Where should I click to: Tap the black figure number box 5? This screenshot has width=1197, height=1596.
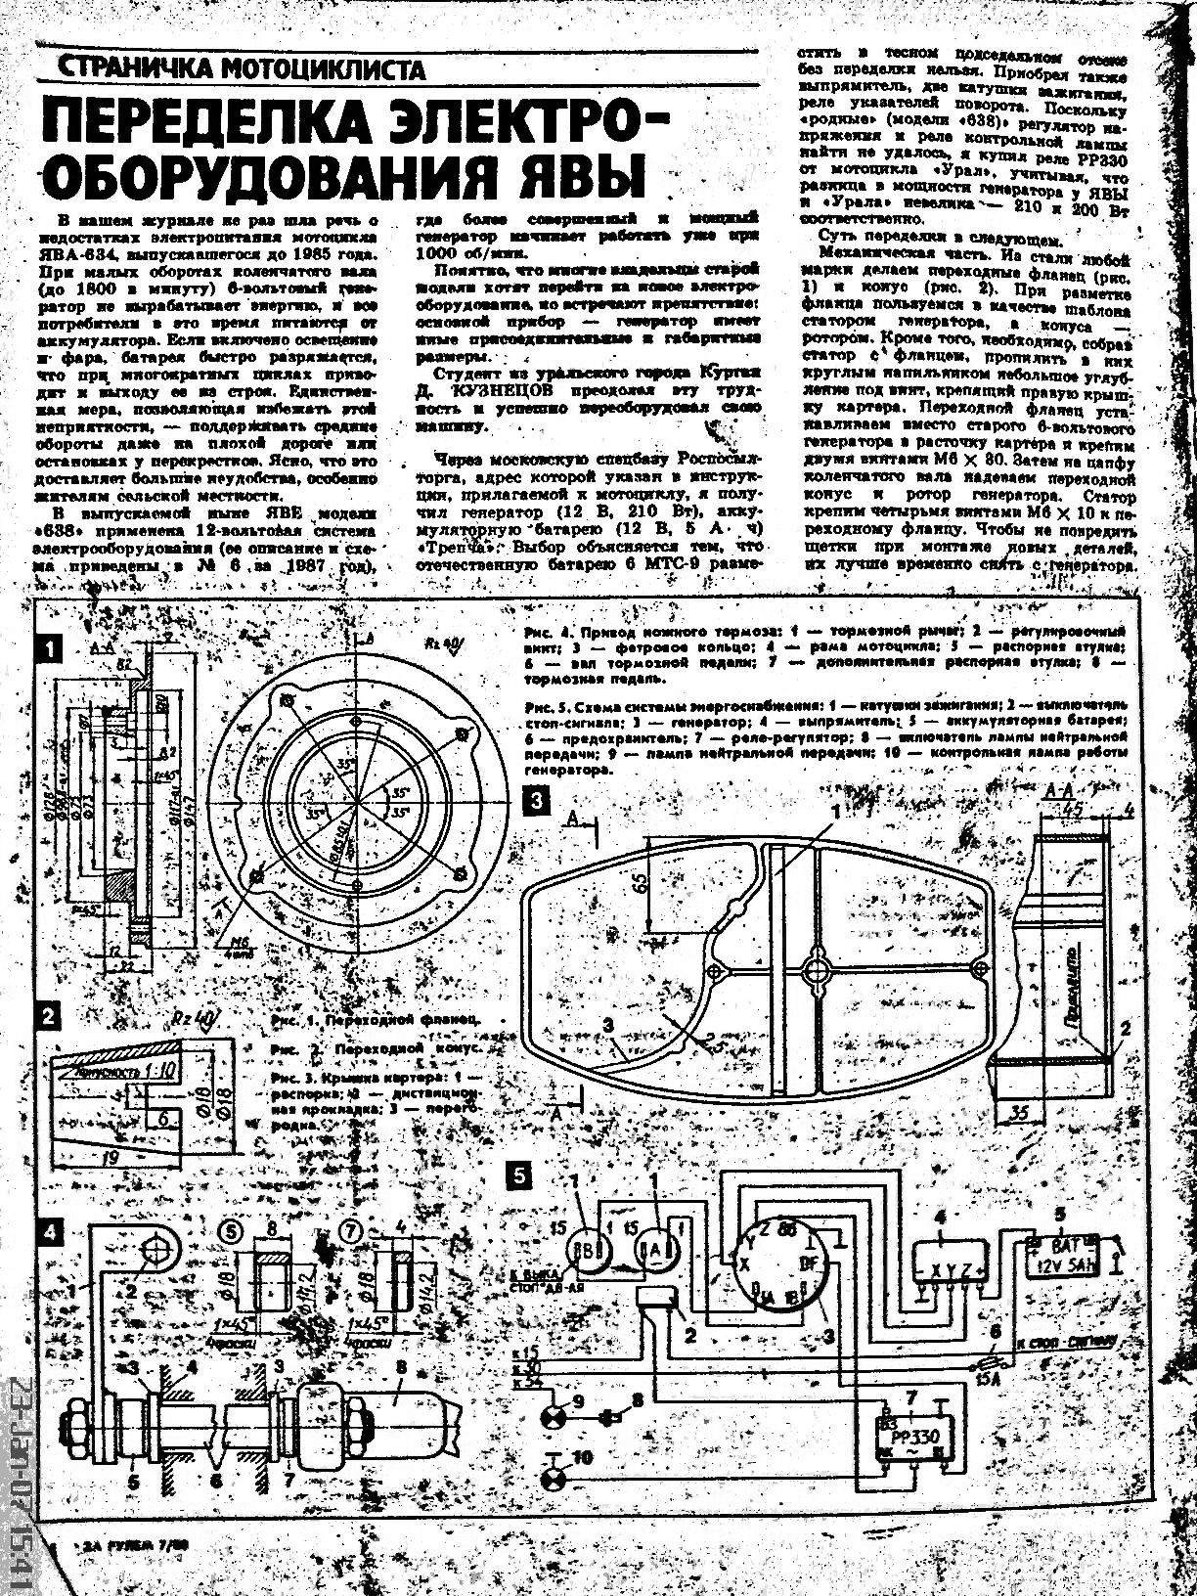point(520,1174)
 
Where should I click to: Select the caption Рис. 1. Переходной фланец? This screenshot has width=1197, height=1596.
point(377,1020)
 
